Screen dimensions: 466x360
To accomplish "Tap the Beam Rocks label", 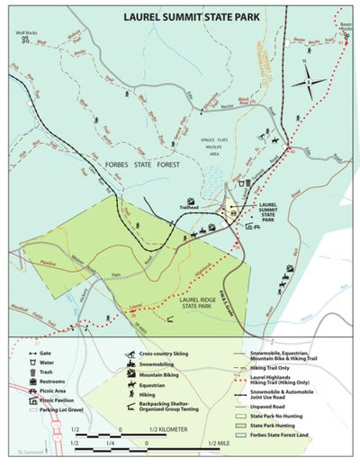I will pyautogui.click(x=346, y=26).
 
